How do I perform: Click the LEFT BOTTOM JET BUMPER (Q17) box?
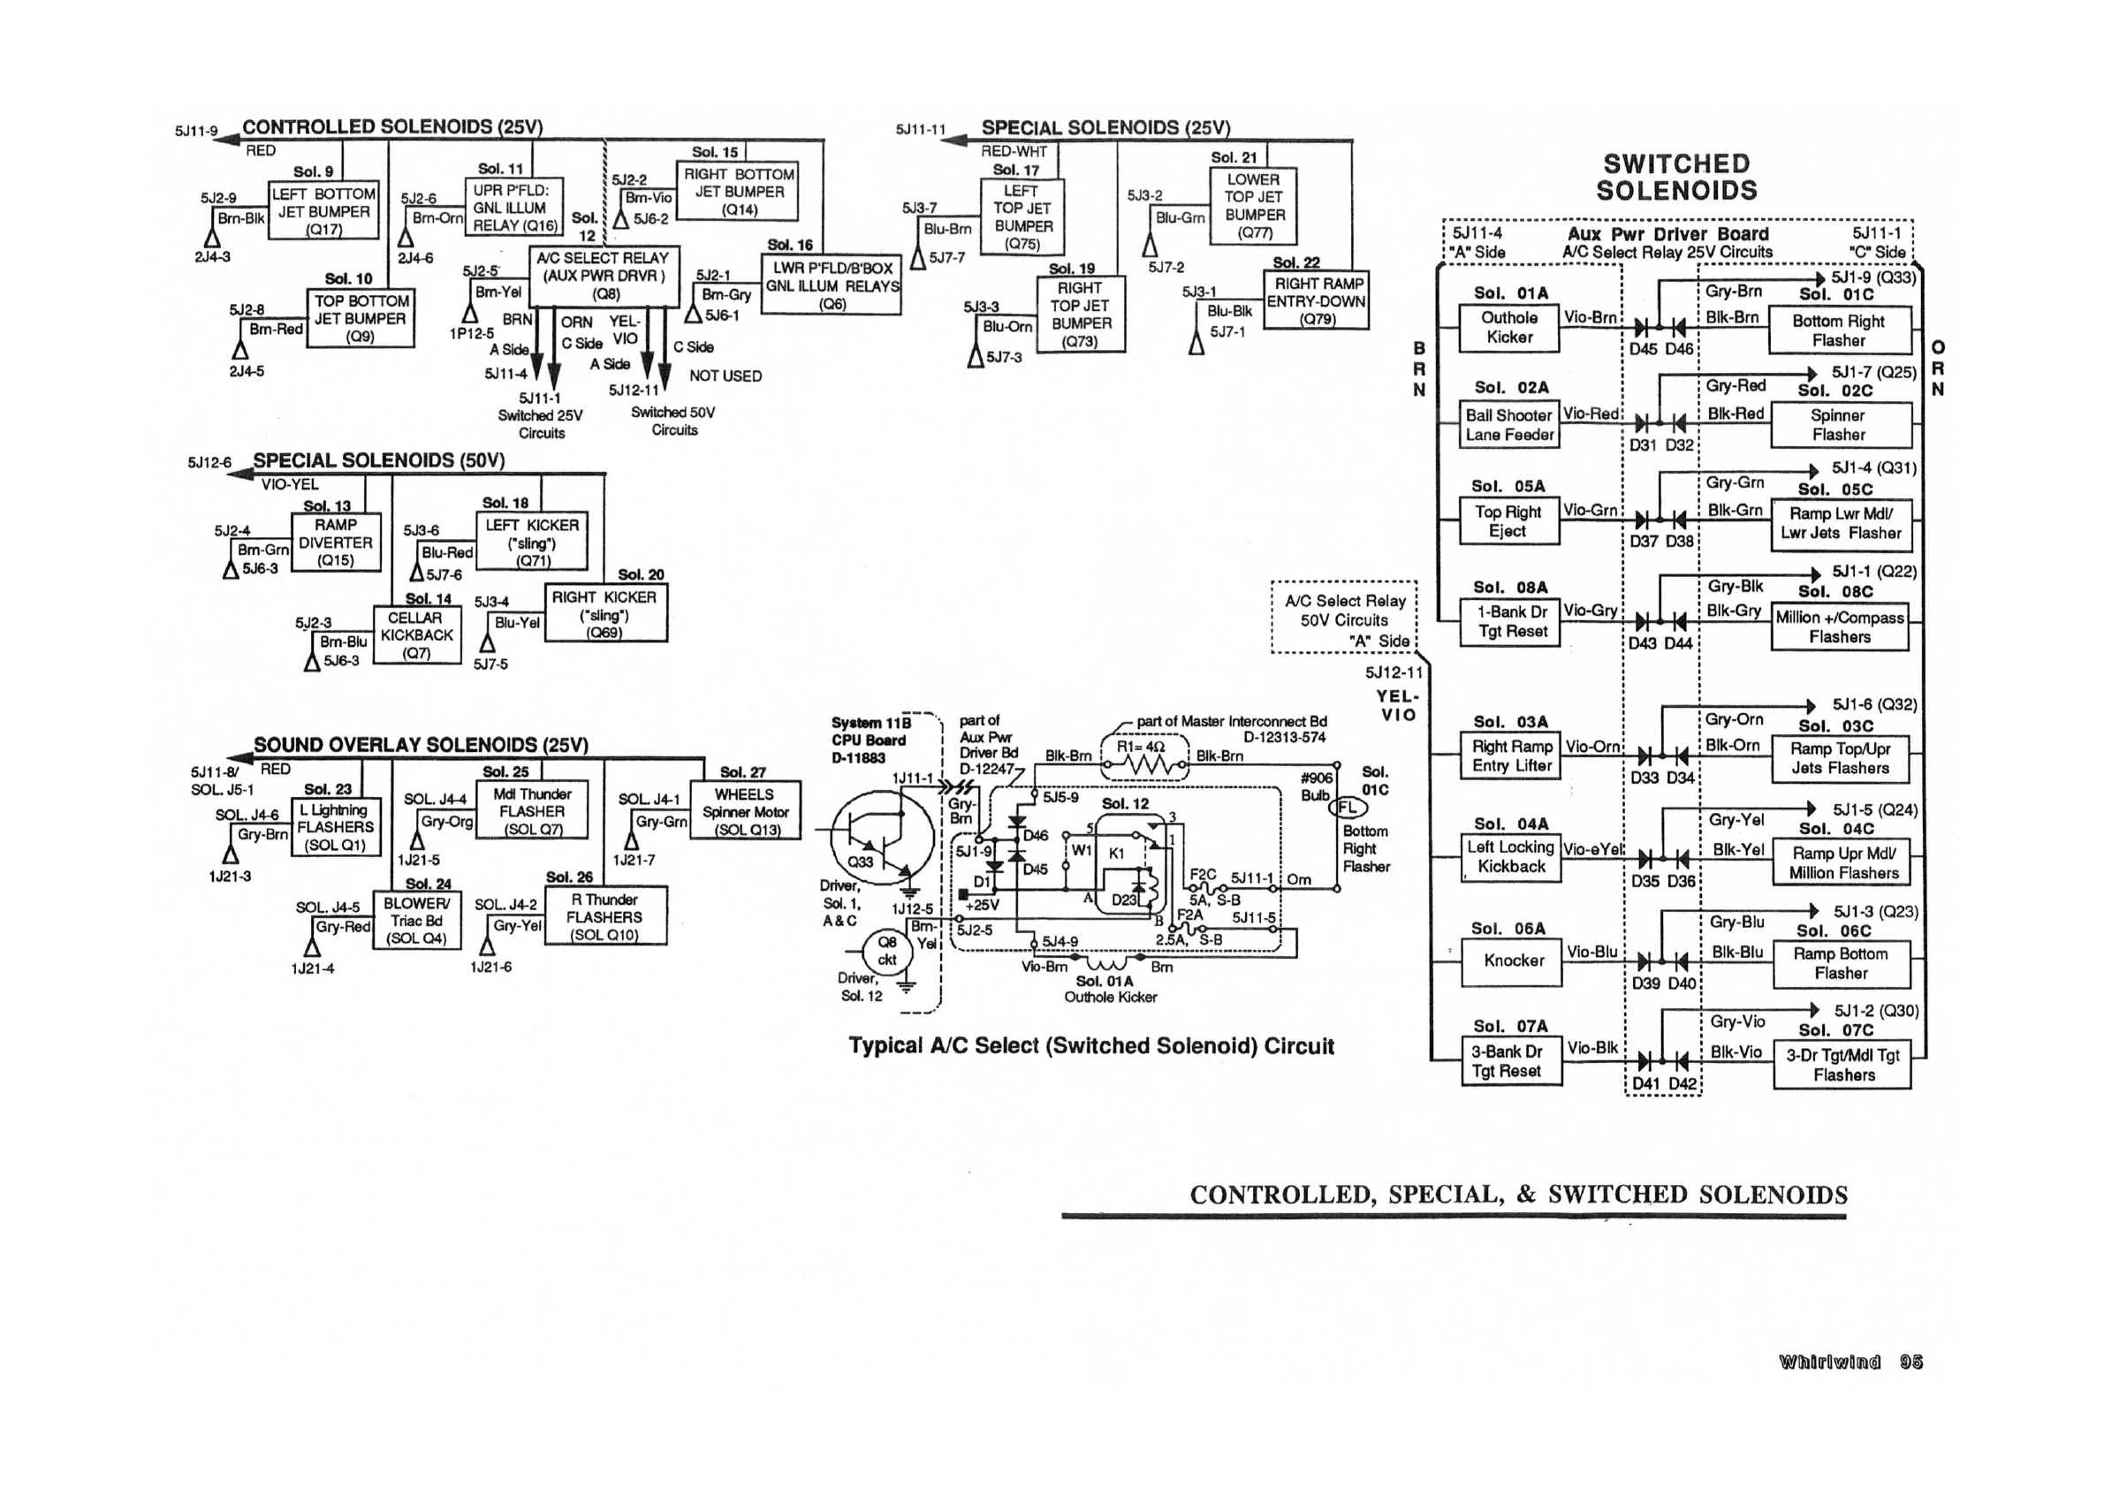323,210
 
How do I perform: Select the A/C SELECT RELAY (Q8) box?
604,276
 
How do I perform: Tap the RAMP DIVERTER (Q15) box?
336,542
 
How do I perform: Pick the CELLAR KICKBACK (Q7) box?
417,635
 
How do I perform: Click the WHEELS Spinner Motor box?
745,812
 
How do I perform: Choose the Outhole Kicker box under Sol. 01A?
1508,327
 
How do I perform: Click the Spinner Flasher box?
1840,424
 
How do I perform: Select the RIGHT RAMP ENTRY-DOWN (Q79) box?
1317,301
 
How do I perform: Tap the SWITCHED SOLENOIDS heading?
1676,177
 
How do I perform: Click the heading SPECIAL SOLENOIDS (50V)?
378,460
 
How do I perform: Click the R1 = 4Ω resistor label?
1141,747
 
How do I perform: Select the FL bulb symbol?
1347,808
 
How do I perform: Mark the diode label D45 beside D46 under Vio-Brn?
1644,348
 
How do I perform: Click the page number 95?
1910,1362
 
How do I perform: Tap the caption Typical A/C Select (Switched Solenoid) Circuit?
1090,1046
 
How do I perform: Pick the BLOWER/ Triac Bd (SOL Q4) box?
417,920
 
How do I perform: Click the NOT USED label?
725,376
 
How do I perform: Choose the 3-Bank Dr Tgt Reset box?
1510,1061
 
